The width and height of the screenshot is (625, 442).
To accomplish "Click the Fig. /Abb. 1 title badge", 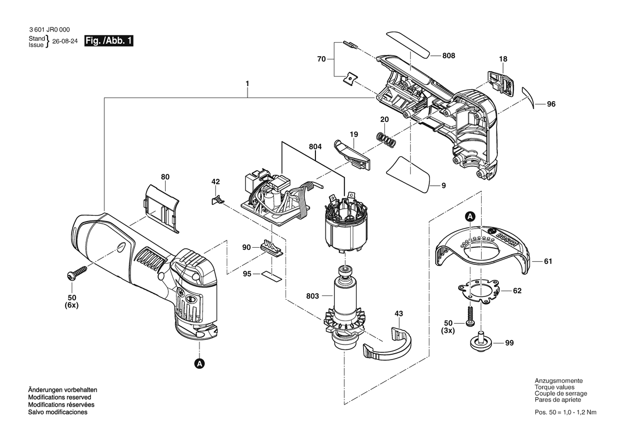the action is (109, 41).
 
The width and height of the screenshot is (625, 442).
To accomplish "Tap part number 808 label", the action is (449, 56).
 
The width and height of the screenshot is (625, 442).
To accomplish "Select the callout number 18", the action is (503, 59).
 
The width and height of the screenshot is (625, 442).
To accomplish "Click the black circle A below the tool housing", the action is (199, 363).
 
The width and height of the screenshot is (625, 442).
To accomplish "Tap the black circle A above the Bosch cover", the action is (470, 217).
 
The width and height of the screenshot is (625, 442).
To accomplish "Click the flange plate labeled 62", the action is (479, 292).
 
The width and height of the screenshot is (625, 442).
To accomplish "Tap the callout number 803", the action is (312, 296).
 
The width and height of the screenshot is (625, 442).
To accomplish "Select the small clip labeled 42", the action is (217, 199).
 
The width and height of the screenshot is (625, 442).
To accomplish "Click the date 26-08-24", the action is (65, 42).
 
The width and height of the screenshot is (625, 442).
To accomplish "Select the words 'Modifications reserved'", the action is (59, 398).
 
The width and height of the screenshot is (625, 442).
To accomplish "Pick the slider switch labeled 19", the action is (351, 155).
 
